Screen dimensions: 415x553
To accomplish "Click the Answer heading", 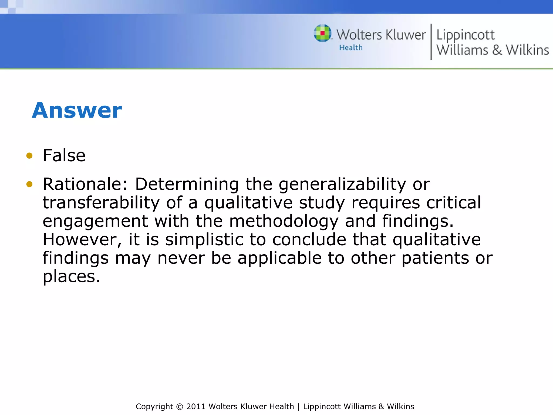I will [77, 111].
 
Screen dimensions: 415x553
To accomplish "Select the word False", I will [64, 156].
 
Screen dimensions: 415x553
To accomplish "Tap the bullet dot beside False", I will [29, 156].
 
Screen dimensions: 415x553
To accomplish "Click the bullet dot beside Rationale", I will [29, 184].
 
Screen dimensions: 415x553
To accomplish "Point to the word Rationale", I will [85, 184].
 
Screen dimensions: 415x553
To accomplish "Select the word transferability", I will [101, 203].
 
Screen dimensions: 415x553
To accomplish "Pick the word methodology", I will [284, 221].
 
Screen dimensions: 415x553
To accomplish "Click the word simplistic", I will [204, 240].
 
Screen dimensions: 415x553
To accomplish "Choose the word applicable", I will [279, 258].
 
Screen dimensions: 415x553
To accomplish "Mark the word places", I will [71, 277].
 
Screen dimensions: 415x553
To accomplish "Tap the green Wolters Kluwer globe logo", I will [322, 33].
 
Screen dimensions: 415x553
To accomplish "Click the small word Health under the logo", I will [351, 48].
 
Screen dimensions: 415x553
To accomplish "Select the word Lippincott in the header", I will [465, 35].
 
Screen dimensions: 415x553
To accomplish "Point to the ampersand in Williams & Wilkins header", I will [497, 50].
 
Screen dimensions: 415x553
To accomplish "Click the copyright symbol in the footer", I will [180, 407].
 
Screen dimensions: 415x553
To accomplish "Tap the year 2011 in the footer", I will [196, 407].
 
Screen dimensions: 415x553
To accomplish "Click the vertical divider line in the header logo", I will [431, 42].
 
